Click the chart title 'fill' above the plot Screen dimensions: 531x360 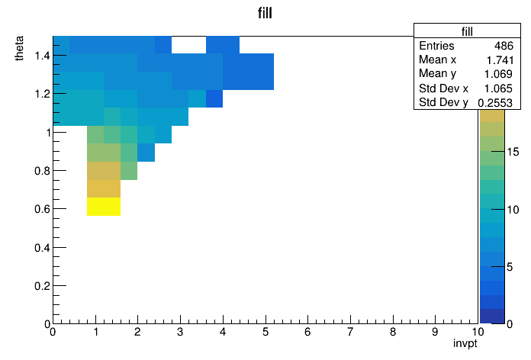pyautogui.click(x=265, y=13)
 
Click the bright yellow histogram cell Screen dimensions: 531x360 pyautogui.click(x=104, y=207)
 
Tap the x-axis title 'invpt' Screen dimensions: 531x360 pyautogui.click(x=465, y=343)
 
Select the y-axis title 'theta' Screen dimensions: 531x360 pyautogui.click(x=19, y=48)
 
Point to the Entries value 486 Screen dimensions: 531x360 pyautogui.click(x=504, y=46)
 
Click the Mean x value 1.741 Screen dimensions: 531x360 pyautogui.click(x=500, y=60)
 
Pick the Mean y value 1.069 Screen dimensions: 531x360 pyautogui.click(x=498, y=74)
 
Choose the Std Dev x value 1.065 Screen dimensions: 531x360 pyautogui.click(x=498, y=88)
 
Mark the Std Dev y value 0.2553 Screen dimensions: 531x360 pyautogui.click(x=495, y=103)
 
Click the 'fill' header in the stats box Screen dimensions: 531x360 pyautogui.click(x=467, y=31)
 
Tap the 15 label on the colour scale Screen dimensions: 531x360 pyautogui.click(x=513, y=152)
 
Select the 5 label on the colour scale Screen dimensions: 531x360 pyautogui.click(x=510, y=267)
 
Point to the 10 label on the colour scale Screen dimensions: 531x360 pyautogui.click(x=513, y=210)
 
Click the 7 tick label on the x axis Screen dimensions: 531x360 pyautogui.click(x=350, y=332)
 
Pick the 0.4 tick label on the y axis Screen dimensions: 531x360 pyautogui.click(x=42, y=248)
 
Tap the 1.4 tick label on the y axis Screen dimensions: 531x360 pyautogui.click(x=42, y=55)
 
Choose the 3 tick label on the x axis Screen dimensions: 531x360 pyautogui.click(x=180, y=332)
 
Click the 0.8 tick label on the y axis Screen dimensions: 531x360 pyautogui.click(x=42, y=171)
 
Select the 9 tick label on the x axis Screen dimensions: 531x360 pyautogui.click(x=435, y=332)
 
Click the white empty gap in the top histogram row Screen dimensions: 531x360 pyautogui.click(x=188, y=45)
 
